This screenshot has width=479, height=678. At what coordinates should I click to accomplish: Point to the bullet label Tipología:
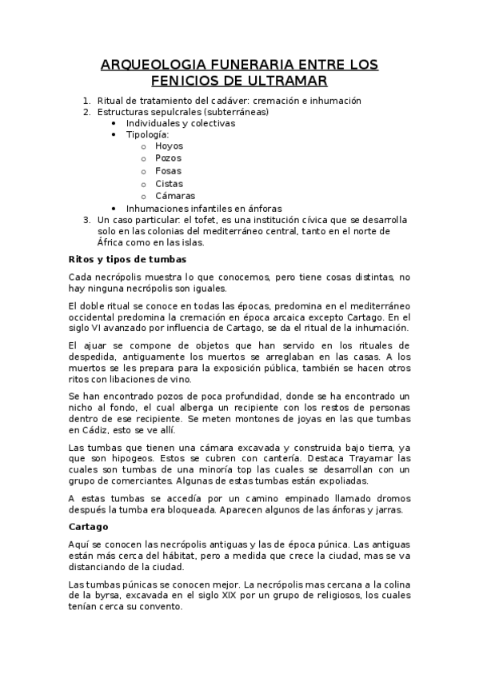pos(147,134)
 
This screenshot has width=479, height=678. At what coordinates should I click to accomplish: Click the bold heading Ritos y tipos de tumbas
pos(127,259)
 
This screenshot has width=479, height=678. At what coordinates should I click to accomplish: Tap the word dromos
pos(393,497)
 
